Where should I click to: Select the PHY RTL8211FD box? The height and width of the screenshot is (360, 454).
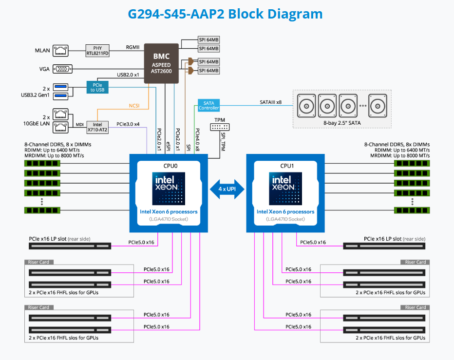coord(97,50)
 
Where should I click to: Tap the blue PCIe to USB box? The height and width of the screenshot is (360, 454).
coord(97,87)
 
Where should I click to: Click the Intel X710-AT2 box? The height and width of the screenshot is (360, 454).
coord(96,127)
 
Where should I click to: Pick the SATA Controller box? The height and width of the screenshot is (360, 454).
coord(208,106)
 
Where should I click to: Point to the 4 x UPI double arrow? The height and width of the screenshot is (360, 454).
coord(227,188)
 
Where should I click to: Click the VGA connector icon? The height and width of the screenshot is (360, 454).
coord(62,69)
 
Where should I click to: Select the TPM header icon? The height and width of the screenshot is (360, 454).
coord(219,127)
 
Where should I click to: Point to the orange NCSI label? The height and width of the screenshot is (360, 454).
coord(134,105)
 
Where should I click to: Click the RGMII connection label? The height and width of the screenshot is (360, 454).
coord(133,47)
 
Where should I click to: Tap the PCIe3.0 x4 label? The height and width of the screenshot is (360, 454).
coord(129,124)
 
